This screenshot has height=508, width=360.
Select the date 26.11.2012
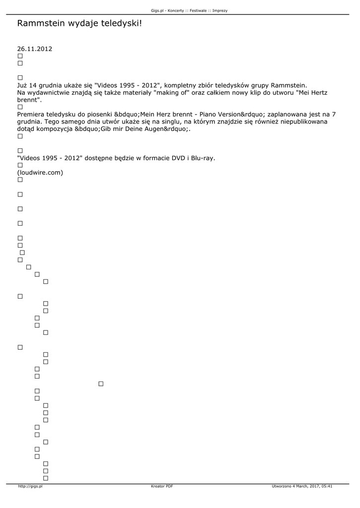(35, 49)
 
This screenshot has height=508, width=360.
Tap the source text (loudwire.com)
(40, 173)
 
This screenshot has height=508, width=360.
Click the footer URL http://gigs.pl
(30, 486)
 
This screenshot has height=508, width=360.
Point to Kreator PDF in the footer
(162, 486)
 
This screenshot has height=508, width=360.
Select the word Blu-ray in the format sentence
(203, 158)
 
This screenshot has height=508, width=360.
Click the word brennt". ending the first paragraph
(30, 100)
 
